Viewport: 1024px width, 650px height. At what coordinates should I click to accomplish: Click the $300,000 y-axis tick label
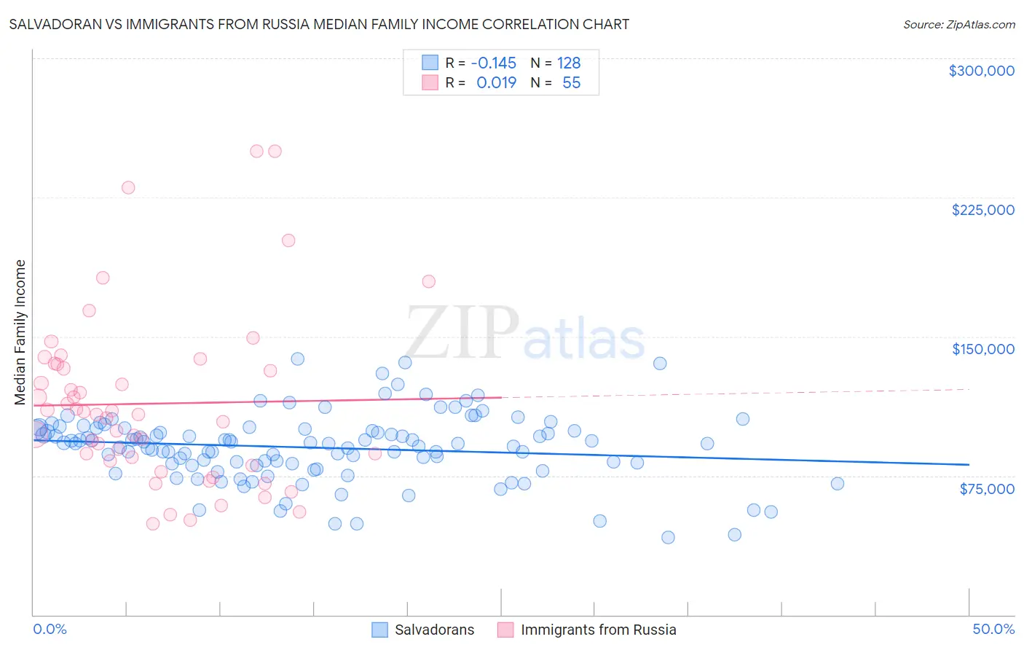(981, 71)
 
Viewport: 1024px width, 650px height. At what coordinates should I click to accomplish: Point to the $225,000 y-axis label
(982, 210)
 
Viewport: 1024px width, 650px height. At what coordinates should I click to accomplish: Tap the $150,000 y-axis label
(982, 349)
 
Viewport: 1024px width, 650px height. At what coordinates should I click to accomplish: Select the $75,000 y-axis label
(986, 489)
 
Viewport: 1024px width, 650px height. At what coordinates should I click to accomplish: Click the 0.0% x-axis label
(50, 629)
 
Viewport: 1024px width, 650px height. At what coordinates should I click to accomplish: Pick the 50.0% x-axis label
(993, 629)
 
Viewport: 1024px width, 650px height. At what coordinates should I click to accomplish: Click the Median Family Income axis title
(20, 332)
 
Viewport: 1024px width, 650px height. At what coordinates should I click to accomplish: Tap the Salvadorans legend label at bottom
(434, 630)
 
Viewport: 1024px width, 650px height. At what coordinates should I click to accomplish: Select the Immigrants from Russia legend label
(598, 630)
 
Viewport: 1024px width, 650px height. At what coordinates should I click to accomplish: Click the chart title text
(319, 24)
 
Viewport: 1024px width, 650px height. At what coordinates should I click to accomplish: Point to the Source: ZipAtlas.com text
(958, 24)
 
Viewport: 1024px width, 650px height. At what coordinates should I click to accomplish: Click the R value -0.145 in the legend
(493, 63)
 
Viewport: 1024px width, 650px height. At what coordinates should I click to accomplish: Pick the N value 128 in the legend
(569, 63)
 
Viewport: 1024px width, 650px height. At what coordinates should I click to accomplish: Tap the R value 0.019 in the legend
(496, 82)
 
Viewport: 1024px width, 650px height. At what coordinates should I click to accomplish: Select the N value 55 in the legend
(571, 82)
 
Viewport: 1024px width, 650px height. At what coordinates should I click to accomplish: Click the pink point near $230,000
(128, 187)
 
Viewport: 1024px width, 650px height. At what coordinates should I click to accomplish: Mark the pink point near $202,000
(288, 240)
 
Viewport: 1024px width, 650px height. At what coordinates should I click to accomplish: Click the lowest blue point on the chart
(668, 537)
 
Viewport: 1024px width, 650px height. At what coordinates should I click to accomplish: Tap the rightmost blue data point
(838, 484)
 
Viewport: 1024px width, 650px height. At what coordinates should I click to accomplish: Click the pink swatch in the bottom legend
(505, 630)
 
